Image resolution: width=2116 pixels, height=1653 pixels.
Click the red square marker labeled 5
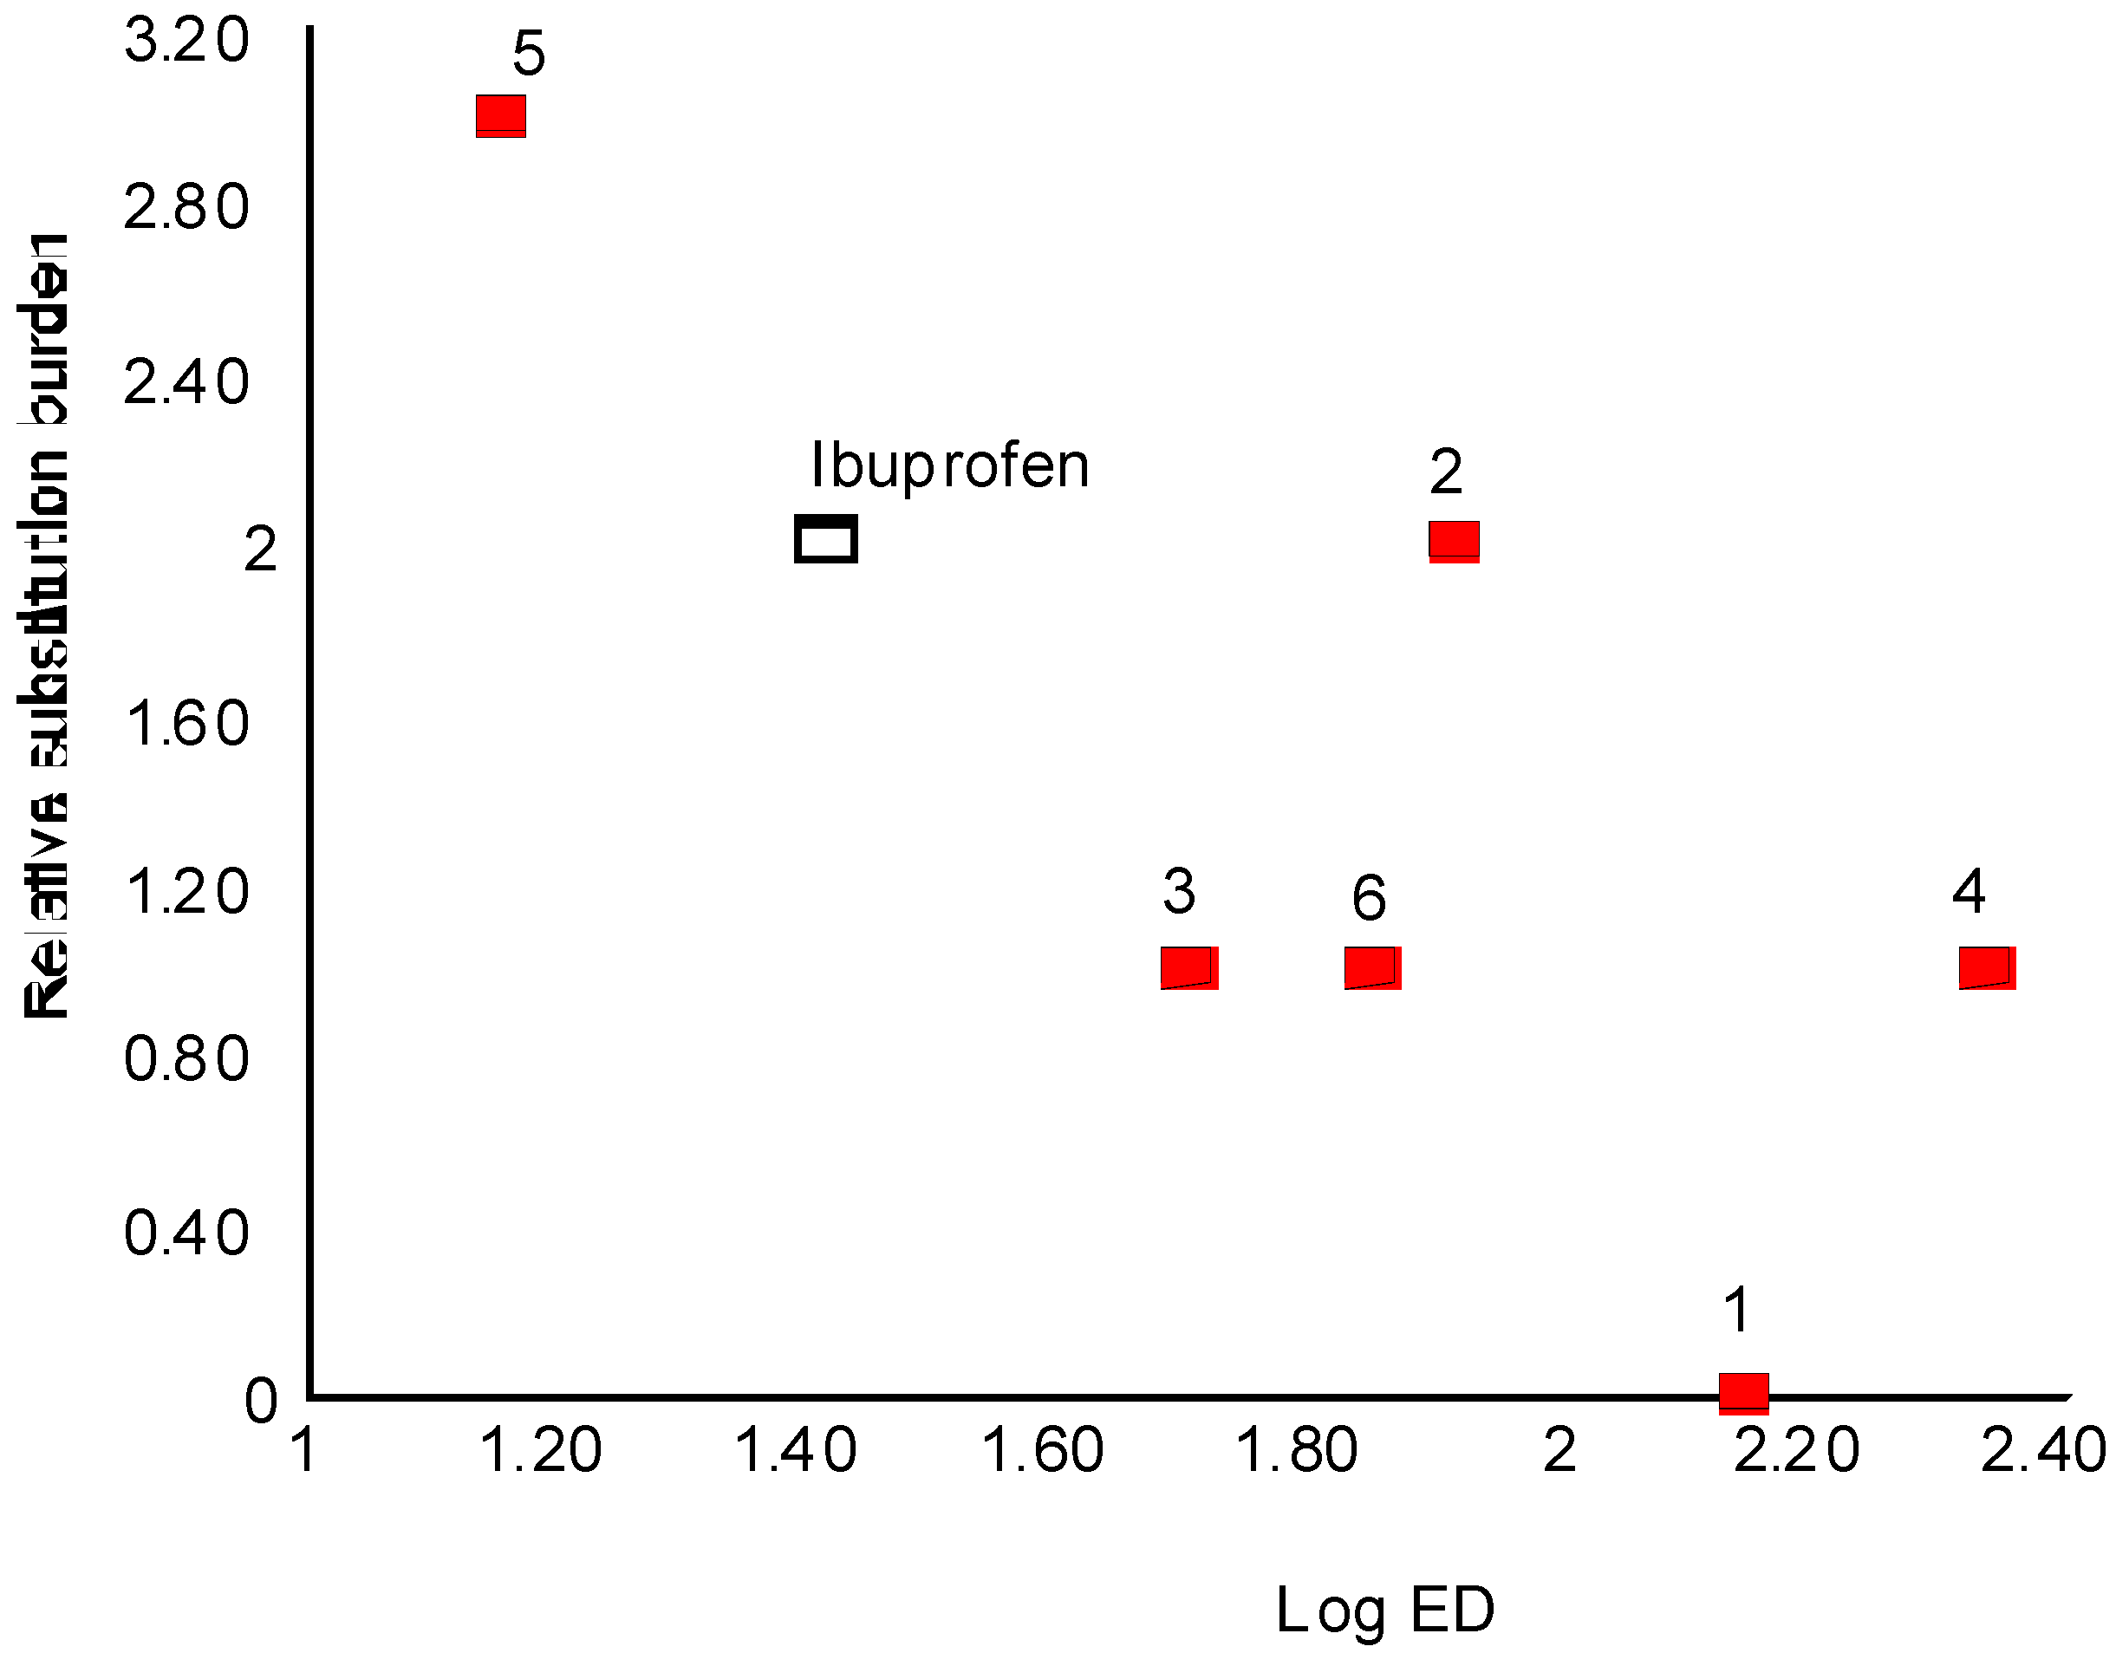pos(501,116)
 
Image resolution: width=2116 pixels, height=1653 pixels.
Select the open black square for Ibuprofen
pos(825,539)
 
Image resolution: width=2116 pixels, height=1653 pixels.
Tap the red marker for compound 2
pos(1454,542)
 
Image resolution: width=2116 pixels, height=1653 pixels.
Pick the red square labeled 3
pos(1188,968)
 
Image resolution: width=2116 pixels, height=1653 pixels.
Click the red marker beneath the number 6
pos(1372,968)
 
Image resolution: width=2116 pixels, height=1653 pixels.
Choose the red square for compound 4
pos(1986,968)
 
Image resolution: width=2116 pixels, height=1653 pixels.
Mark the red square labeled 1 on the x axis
pos(1743,1393)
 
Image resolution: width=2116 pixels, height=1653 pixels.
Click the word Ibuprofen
pos(949,466)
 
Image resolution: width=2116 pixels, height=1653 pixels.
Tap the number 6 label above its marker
pos(1368,898)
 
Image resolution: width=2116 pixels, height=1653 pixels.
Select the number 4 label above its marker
pos(1969,891)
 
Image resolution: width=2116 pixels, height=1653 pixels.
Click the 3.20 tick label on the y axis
pos(187,42)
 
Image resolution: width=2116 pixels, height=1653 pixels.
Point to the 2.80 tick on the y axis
pos(187,207)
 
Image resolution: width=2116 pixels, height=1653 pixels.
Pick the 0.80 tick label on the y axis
pos(187,1058)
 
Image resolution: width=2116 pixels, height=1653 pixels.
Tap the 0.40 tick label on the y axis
pos(187,1233)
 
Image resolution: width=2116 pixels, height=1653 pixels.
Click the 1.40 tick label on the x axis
pos(796,1450)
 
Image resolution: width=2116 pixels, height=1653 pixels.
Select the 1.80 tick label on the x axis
pos(1296,1450)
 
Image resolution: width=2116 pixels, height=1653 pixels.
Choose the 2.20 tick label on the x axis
pos(1795,1450)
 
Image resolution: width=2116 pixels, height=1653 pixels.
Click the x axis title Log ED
pos(1384,1611)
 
